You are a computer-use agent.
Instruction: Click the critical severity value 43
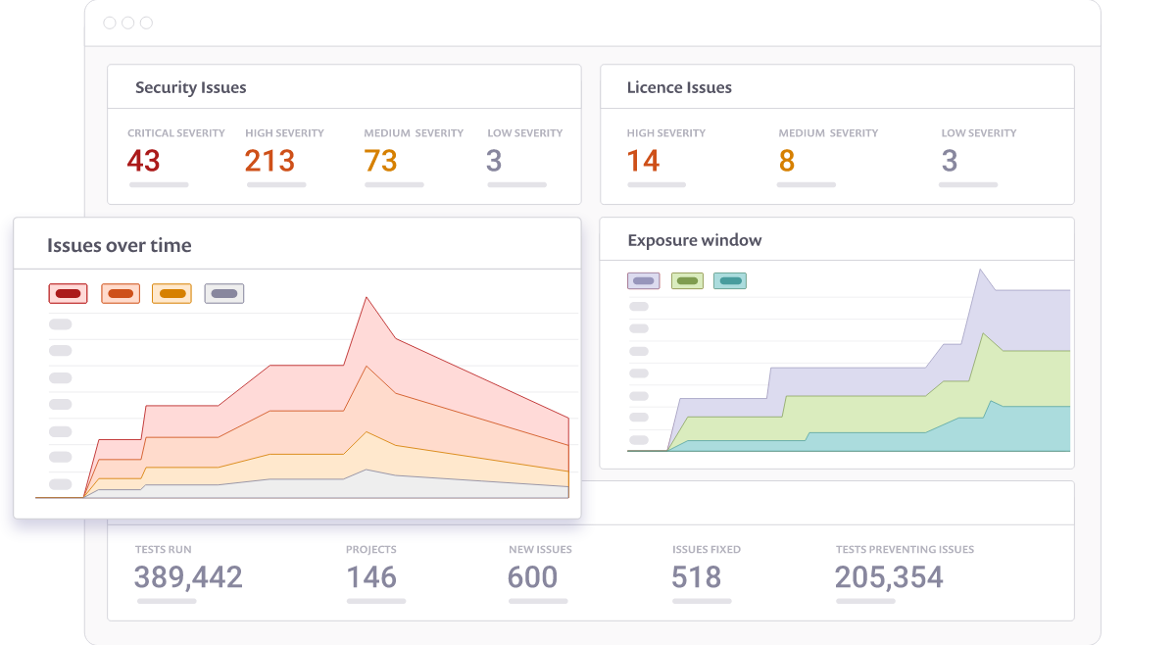click(x=144, y=161)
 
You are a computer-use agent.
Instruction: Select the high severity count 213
click(x=269, y=161)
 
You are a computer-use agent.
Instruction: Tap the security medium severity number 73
click(x=380, y=161)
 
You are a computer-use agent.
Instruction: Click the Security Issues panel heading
click(x=190, y=87)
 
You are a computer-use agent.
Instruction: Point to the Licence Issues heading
click(x=679, y=87)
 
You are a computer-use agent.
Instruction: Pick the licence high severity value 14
click(x=643, y=161)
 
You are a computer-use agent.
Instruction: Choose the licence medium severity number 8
click(x=787, y=161)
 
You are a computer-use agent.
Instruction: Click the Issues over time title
click(x=119, y=245)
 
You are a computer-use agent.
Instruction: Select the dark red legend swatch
click(x=68, y=293)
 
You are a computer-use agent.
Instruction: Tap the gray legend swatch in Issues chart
click(x=224, y=293)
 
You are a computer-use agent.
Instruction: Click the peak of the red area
click(x=367, y=298)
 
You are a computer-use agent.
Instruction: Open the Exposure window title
click(x=694, y=240)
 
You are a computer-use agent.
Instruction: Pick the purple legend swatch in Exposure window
click(x=643, y=281)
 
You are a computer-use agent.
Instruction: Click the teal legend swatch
click(x=730, y=281)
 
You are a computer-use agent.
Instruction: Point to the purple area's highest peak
click(x=980, y=270)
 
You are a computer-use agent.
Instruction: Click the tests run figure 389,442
click(x=188, y=577)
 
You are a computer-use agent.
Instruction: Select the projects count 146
click(x=371, y=577)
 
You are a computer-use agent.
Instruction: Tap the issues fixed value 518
click(x=697, y=577)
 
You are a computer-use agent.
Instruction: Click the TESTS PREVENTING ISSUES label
click(x=905, y=550)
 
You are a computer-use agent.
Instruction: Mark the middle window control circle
click(x=127, y=23)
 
